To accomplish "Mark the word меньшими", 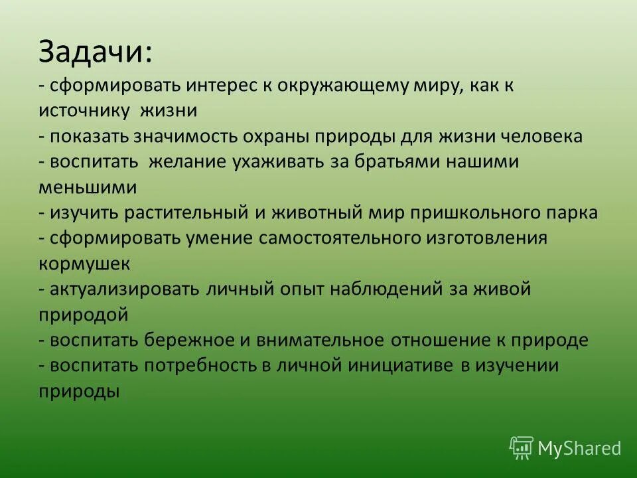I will click(88, 188).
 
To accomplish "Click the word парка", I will click(573, 214).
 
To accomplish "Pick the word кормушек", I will click(84, 264).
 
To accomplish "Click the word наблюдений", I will click(383, 290).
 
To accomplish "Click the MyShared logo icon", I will click(521, 447).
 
